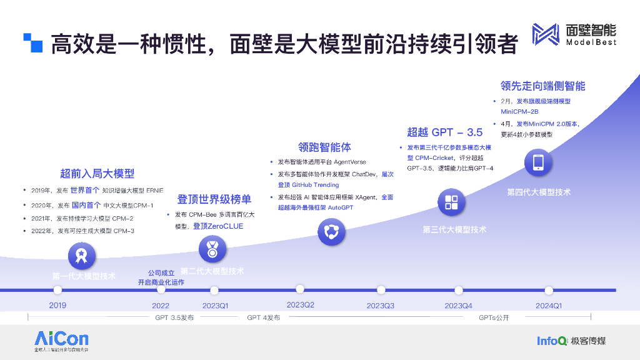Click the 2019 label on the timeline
point(57,306)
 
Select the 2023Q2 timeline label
point(300,304)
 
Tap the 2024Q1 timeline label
point(549,306)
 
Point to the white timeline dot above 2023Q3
point(381,290)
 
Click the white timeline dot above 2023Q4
point(458,290)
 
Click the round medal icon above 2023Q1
point(212,249)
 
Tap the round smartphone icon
point(538,163)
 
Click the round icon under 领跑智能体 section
point(331,232)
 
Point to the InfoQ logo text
point(552,341)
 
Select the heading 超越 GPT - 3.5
point(445,132)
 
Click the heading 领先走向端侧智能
point(542,86)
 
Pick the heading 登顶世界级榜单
point(214,199)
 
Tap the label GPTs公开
point(494,318)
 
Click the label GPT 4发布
point(263,318)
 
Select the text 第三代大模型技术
point(454,229)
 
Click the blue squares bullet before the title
point(32,42)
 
